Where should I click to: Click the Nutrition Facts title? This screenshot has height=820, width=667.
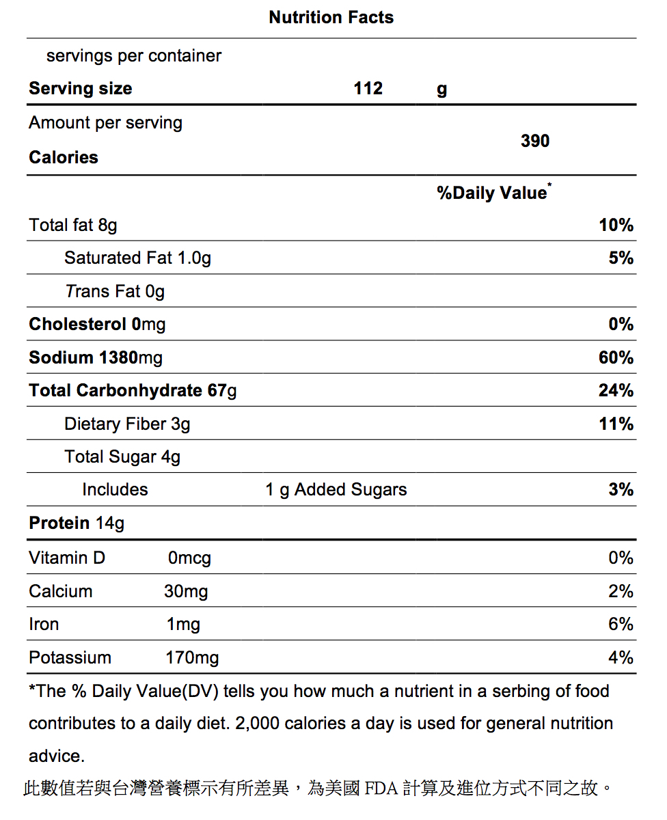[331, 17]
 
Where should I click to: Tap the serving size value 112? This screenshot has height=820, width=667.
[368, 88]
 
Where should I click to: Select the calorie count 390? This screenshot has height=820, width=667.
[535, 141]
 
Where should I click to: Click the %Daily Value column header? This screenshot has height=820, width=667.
[494, 192]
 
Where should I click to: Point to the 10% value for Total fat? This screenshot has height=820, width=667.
[616, 225]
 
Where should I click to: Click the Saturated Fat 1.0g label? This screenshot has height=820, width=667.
[137, 258]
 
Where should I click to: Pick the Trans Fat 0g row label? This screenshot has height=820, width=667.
[115, 291]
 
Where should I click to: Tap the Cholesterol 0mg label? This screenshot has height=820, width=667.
[97, 324]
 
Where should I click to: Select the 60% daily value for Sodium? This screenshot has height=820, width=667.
[616, 357]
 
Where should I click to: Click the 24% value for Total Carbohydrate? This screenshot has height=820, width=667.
[616, 390]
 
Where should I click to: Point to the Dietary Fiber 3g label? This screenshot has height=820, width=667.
[127, 424]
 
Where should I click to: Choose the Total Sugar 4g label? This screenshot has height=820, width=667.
[122, 457]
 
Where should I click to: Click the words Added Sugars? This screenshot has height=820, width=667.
[350, 490]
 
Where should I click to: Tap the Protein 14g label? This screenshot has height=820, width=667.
[77, 523]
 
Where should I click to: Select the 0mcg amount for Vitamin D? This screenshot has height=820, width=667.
[189, 558]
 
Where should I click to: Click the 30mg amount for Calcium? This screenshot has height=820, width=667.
[186, 591]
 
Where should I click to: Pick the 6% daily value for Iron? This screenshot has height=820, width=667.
[621, 624]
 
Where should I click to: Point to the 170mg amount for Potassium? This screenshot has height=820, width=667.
[192, 657]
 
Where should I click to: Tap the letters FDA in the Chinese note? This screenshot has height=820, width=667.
[381, 788]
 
